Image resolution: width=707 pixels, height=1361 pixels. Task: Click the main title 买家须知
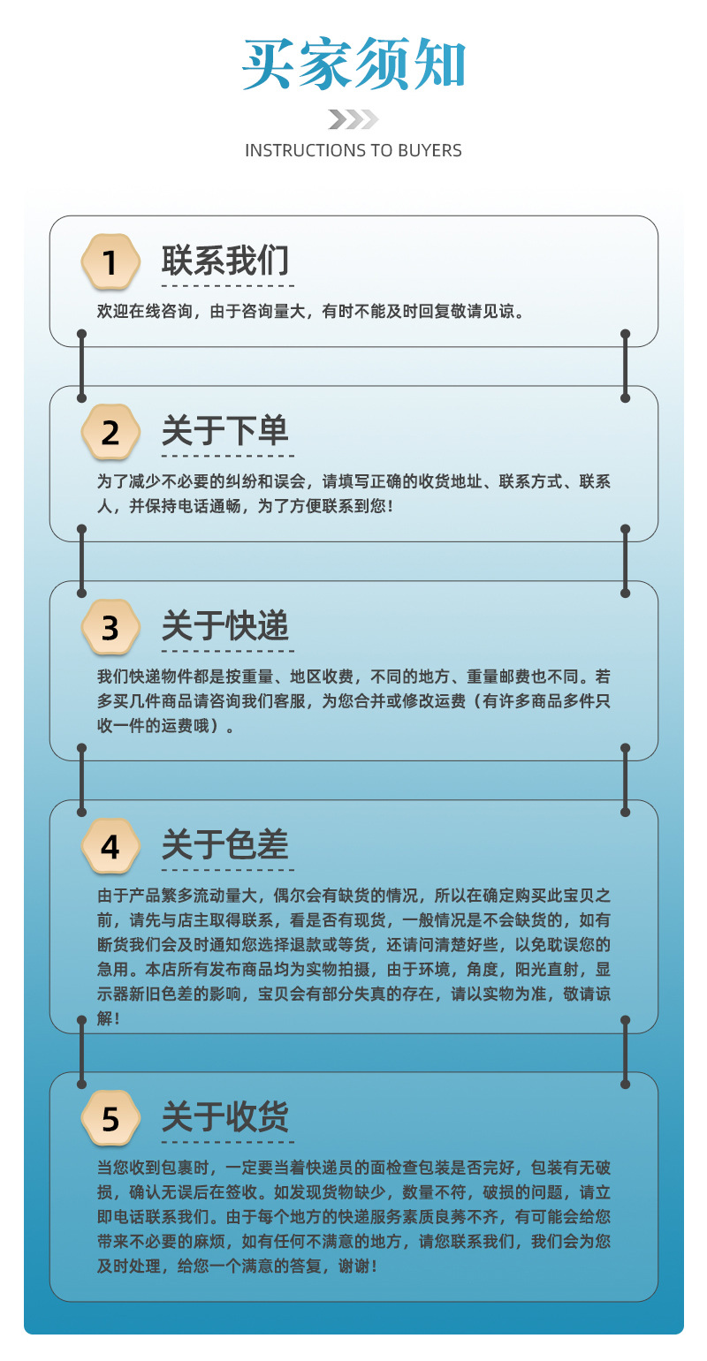pos(353,65)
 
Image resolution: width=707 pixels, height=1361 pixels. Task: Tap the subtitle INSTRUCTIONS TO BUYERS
pos(353,150)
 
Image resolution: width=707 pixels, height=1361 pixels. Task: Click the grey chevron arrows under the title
pos(353,119)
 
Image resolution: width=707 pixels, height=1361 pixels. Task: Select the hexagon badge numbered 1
pos(110,263)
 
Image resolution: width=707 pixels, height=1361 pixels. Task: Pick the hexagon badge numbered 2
pos(110,433)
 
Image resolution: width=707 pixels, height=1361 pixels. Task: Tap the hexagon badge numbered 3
pos(110,628)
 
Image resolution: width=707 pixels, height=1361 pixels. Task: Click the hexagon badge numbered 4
pos(110,847)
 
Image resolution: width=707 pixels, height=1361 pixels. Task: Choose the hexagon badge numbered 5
pos(110,1119)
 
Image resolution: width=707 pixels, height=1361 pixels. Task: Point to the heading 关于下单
pos(225,432)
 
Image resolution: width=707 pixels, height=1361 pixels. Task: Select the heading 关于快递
pos(225,627)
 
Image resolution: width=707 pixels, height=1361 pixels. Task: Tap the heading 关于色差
pos(225,846)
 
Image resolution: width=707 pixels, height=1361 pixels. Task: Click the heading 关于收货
pos(225,1118)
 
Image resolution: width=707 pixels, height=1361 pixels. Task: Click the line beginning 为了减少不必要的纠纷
pos(353,482)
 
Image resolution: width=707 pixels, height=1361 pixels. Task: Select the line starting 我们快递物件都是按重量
pos(353,677)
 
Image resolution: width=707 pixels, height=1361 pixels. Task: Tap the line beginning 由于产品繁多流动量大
pos(353,896)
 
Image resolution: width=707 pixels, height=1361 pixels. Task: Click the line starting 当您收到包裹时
pos(353,1167)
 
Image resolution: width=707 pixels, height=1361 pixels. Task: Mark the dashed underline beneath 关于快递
pos(228,653)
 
